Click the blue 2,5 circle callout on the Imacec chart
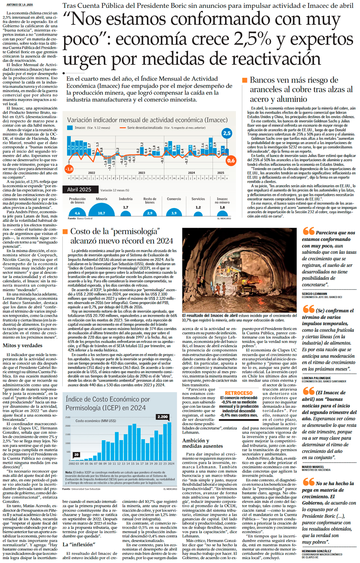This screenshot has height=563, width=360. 227,133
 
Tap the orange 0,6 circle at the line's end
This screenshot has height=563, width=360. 231,160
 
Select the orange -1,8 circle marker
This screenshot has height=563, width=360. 69,169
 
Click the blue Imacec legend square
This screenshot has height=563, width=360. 70,128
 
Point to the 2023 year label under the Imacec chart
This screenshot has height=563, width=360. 141,173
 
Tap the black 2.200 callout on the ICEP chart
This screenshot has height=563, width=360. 163,417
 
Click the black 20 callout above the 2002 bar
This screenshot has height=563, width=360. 77,455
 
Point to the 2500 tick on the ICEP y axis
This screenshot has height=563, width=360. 68,417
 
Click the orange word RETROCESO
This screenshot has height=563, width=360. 239,393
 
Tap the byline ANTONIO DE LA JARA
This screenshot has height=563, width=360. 20,5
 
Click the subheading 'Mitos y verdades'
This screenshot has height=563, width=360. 23,346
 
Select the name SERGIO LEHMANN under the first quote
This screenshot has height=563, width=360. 314,294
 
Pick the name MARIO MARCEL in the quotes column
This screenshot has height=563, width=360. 313,467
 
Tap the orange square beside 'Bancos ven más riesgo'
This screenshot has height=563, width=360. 244,80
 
